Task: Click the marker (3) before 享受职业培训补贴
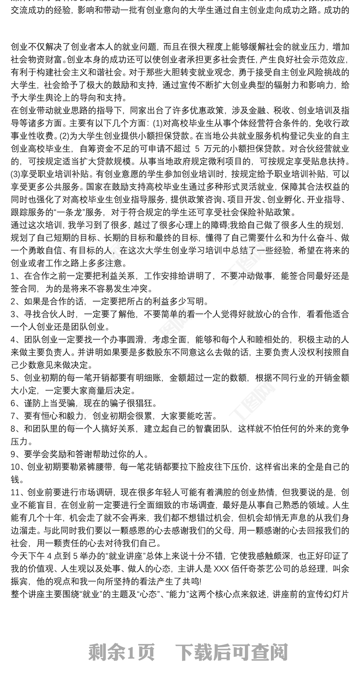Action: click(x=15, y=173)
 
